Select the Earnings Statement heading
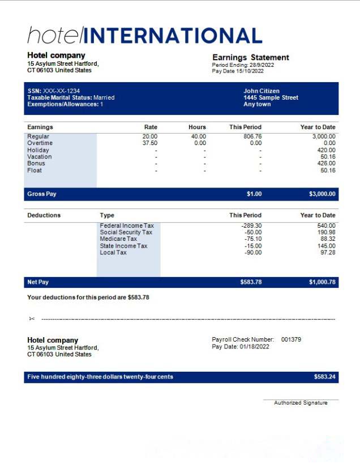(x=250, y=57)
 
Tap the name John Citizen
(x=262, y=91)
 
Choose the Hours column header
(x=197, y=127)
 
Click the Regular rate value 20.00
(x=149, y=137)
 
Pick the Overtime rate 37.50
(x=149, y=143)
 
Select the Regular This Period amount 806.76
(x=252, y=137)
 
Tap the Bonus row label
(x=36, y=164)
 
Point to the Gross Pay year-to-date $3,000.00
(x=322, y=194)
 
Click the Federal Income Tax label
(x=127, y=226)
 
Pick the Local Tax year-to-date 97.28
(x=327, y=253)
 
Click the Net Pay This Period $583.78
(x=251, y=282)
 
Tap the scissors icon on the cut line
(x=32, y=318)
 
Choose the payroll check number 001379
(x=291, y=339)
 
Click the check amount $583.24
(x=324, y=377)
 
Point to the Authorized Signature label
(x=301, y=403)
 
